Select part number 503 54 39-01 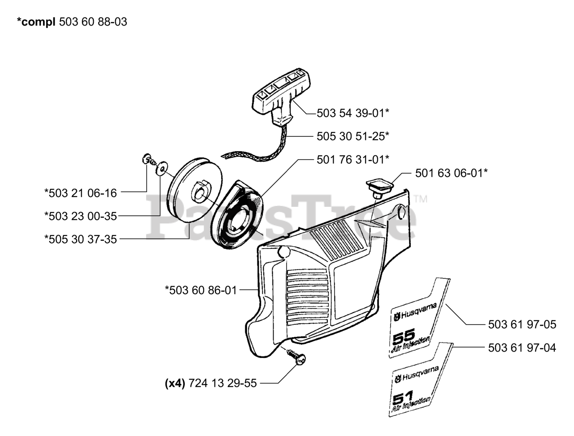click(x=352, y=113)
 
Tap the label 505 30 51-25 click(x=352, y=136)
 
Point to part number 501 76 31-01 click(x=352, y=159)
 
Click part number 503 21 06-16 click(x=80, y=193)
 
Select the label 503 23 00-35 click(x=80, y=216)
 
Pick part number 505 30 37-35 click(x=80, y=239)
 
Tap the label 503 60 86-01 click(x=200, y=290)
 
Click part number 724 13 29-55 click(x=223, y=383)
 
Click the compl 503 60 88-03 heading click(x=72, y=22)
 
